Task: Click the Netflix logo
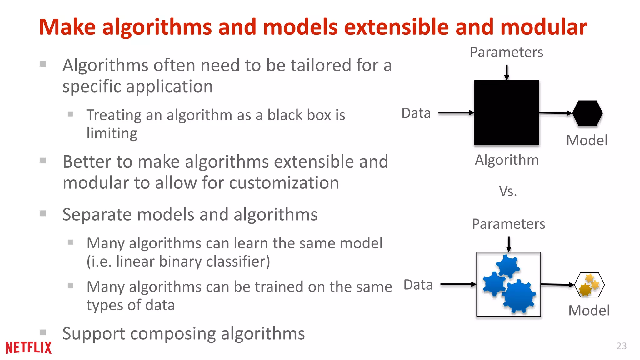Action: point(28,347)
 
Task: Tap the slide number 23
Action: point(621,346)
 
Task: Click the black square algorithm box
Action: point(506,112)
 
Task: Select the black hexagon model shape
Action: point(587,113)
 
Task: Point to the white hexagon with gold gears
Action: point(589,285)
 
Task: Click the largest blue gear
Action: point(519,296)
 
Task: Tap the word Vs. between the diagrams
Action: point(508,191)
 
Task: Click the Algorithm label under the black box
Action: point(507,160)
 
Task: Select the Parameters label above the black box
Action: point(506,52)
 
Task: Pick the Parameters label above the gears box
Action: point(508,224)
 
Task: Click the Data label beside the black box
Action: point(416,113)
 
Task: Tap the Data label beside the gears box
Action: point(418,285)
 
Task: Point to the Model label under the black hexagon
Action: point(587,140)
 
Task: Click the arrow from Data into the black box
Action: point(456,112)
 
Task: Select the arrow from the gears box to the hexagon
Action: point(557,285)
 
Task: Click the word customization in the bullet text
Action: point(284,183)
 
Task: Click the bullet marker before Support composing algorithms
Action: point(43,332)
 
